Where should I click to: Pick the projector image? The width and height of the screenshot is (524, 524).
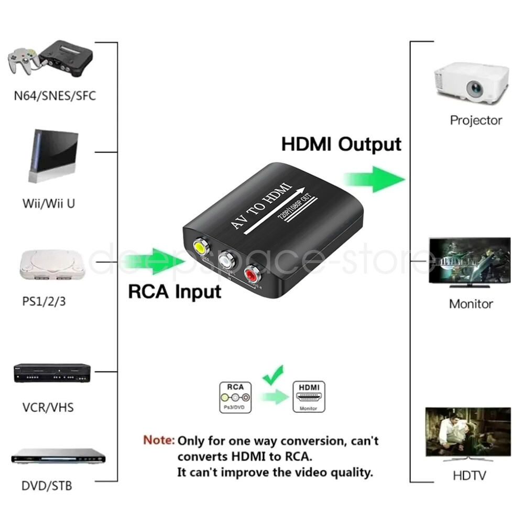click(471, 83)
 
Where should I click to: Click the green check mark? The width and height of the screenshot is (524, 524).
click(273, 375)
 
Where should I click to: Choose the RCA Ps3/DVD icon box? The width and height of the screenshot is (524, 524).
click(235, 397)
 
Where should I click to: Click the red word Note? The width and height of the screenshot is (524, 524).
click(159, 440)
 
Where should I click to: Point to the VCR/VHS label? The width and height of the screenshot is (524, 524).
click(48, 408)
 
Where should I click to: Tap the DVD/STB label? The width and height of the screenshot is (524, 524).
click(47, 486)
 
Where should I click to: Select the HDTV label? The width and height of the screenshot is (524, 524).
click(469, 476)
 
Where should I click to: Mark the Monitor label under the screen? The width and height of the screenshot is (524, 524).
click(471, 304)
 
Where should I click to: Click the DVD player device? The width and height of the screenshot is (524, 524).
click(58, 456)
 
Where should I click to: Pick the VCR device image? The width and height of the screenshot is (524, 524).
click(52, 373)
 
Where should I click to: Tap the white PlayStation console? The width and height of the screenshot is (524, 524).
click(51, 266)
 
